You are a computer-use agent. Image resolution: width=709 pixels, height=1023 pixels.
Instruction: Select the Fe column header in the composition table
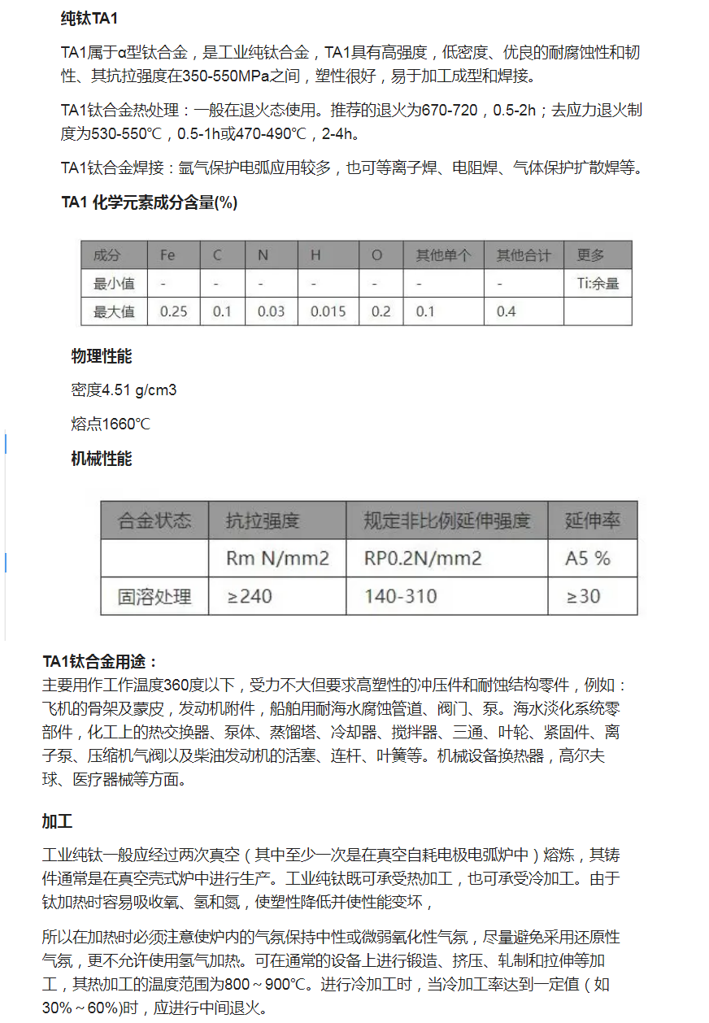click(167, 255)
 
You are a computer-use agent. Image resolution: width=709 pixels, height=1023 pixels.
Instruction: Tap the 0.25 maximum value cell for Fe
click(173, 311)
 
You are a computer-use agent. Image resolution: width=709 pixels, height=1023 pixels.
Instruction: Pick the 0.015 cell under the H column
click(328, 311)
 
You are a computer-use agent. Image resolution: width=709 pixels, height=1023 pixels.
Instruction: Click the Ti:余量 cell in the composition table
click(598, 284)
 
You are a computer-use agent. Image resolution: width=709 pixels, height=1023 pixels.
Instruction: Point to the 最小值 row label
click(114, 284)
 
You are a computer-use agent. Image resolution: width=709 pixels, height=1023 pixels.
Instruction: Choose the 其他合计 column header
click(524, 255)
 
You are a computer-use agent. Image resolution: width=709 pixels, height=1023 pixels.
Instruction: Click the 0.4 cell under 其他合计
click(506, 311)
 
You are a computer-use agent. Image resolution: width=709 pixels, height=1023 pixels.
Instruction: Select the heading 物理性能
click(102, 356)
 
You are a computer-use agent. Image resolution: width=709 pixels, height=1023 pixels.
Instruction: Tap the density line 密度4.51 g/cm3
click(124, 390)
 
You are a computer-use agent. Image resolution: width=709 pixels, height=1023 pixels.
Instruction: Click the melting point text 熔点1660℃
click(111, 424)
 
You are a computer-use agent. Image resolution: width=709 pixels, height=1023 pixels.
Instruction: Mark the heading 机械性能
click(102, 459)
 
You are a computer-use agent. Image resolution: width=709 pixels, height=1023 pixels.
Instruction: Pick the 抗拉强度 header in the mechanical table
click(263, 520)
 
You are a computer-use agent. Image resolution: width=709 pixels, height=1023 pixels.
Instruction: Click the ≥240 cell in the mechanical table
click(250, 596)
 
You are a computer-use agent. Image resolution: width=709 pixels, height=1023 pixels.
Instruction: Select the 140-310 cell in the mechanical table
click(400, 596)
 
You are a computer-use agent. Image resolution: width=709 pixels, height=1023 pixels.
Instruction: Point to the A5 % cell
click(588, 559)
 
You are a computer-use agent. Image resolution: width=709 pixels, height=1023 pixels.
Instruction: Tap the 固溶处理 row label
click(154, 596)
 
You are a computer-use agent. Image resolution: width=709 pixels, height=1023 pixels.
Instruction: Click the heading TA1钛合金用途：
click(100, 661)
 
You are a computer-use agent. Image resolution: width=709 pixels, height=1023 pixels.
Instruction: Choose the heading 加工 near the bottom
click(57, 821)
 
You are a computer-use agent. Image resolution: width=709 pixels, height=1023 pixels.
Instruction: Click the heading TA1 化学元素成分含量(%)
click(150, 203)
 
